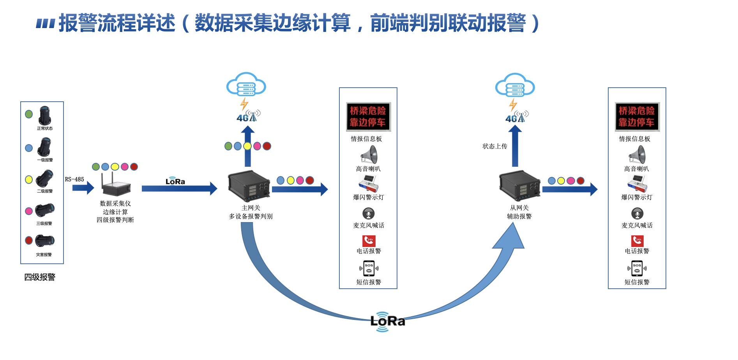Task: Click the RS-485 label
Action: point(74,179)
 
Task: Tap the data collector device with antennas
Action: point(116,186)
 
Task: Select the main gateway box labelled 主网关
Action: point(249,186)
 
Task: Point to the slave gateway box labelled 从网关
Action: point(519,186)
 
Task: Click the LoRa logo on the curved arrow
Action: point(387,321)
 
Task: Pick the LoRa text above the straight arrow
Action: point(175,182)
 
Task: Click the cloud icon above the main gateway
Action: point(246,84)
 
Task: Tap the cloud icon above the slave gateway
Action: point(515,85)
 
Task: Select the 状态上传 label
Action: point(495,146)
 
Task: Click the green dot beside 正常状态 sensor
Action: point(29,114)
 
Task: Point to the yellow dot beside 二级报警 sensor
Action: point(29,180)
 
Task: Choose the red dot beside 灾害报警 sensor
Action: point(29,240)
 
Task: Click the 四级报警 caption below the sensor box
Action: point(40,277)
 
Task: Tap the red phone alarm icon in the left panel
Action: point(369,240)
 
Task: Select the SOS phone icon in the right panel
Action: point(637,268)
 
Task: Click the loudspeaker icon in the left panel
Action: point(369,155)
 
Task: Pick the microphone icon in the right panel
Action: point(637,214)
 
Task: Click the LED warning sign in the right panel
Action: point(637,116)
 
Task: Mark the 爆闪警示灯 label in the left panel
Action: point(369,197)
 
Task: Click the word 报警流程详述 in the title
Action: point(117,23)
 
